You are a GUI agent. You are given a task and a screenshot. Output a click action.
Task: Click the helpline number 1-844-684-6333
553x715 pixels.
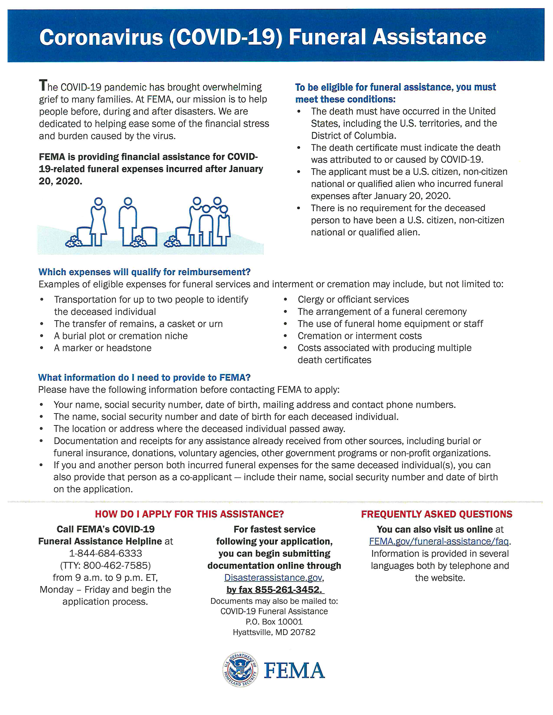[x=105, y=553]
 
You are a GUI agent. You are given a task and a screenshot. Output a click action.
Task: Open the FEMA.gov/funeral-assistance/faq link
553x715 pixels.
[x=439, y=541]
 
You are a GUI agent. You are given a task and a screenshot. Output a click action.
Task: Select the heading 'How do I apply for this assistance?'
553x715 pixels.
[x=189, y=514]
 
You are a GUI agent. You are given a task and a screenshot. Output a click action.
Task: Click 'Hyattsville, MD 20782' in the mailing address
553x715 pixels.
[x=274, y=632]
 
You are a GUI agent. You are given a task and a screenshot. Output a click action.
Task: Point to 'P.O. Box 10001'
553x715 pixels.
[x=274, y=622]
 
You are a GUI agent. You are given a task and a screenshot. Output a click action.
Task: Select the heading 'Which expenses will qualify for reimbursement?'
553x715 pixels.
[x=144, y=272]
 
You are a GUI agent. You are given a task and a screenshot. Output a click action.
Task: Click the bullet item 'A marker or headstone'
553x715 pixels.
[x=103, y=348]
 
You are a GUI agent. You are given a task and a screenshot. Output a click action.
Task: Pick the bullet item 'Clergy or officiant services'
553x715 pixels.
[x=353, y=300]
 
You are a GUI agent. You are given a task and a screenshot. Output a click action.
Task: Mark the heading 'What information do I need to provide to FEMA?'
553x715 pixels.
[x=144, y=377]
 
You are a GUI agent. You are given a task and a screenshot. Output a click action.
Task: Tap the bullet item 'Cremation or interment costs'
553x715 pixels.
[x=359, y=336]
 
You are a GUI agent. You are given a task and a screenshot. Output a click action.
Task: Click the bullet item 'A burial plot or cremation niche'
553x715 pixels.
[x=121, y=336]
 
